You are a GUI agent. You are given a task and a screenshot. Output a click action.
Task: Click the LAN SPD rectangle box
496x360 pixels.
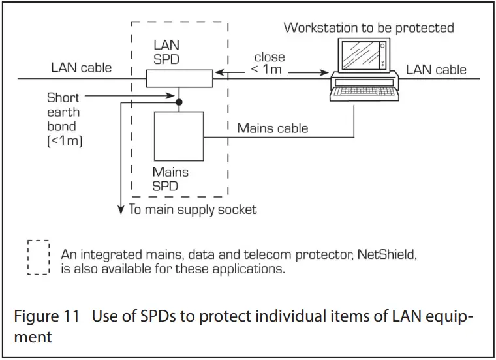(x=179, y=79)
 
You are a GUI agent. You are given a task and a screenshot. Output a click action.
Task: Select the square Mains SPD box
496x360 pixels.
(x=179, y=136)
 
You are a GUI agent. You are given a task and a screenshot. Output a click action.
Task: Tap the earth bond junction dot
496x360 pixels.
(x=179, y=101)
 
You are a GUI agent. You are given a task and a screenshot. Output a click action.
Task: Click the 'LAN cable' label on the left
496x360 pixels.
(x=82, y=67)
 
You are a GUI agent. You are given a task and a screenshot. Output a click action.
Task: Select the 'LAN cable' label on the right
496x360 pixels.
(x=436, y=69)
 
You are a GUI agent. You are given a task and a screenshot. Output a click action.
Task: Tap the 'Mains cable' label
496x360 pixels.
(x=272, y=128)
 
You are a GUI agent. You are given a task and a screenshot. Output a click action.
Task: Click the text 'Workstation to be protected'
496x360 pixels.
(x=369, y=28)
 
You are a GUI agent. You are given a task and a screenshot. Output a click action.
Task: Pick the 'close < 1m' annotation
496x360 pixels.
(x=269, y=63)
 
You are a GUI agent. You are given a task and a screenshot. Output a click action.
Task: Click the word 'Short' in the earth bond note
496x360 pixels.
(x=63, y=98)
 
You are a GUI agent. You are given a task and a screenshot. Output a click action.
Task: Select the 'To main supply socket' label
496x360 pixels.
(x=193, y=209)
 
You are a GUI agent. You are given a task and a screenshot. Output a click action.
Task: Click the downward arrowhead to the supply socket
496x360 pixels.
(x=120, y=209)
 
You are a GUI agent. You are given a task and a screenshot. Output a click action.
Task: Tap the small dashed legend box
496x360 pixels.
(x=39, y=258)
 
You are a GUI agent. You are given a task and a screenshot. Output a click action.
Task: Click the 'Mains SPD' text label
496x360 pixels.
(x=170, y=179)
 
